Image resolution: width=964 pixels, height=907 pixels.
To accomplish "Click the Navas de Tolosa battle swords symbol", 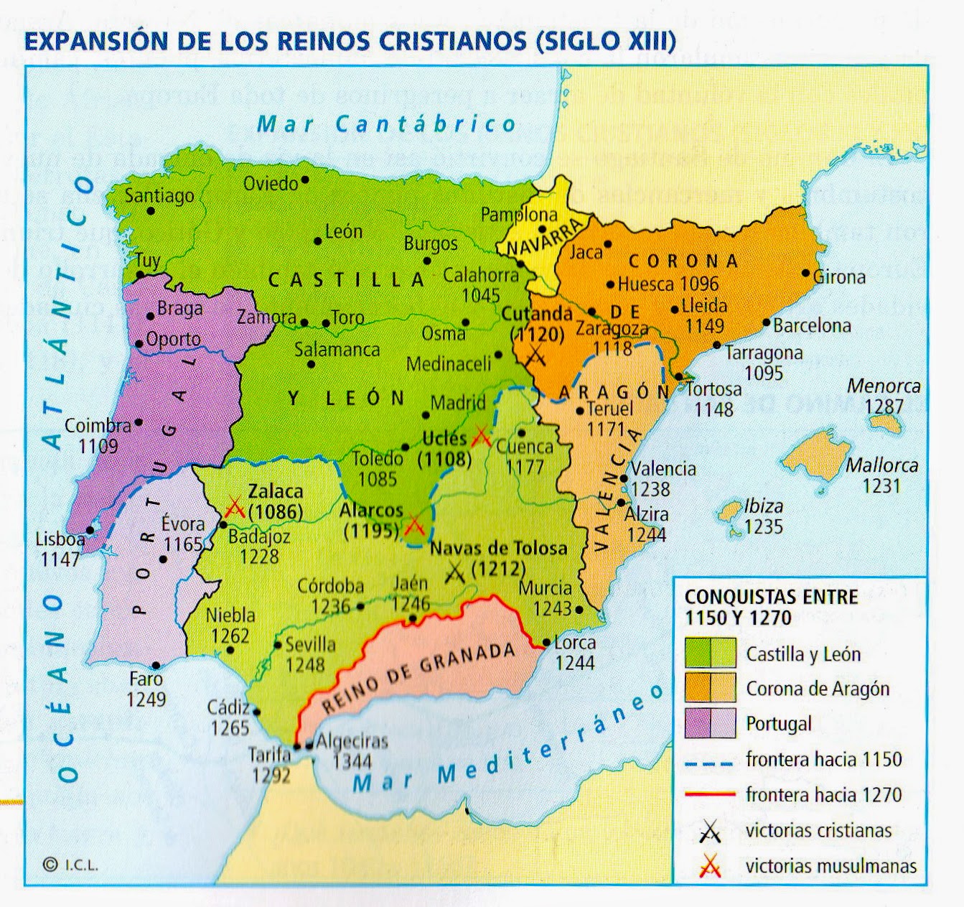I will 455,572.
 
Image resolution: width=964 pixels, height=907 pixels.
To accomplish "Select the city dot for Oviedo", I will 306,180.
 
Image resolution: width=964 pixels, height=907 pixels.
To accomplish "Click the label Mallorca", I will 881,465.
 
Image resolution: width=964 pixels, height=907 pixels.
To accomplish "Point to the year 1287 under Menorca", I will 884,406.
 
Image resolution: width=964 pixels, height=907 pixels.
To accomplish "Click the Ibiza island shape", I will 730,511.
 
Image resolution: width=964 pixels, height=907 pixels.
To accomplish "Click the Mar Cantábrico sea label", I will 386,124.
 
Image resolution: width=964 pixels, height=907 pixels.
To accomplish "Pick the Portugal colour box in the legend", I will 710,723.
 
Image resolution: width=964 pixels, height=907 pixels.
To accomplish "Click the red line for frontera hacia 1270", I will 710,794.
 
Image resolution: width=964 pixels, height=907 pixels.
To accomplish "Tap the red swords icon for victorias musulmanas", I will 710,866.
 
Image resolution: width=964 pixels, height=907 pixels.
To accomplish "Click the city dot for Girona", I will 805,274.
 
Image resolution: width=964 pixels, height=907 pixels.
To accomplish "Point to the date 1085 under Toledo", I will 378,479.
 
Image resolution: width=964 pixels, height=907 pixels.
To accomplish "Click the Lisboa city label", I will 60,539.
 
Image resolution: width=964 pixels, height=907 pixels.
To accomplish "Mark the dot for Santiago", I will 151,210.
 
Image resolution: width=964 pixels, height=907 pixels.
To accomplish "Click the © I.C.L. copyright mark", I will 70,865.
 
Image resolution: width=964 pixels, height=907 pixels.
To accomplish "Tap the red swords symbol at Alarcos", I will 414,526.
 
